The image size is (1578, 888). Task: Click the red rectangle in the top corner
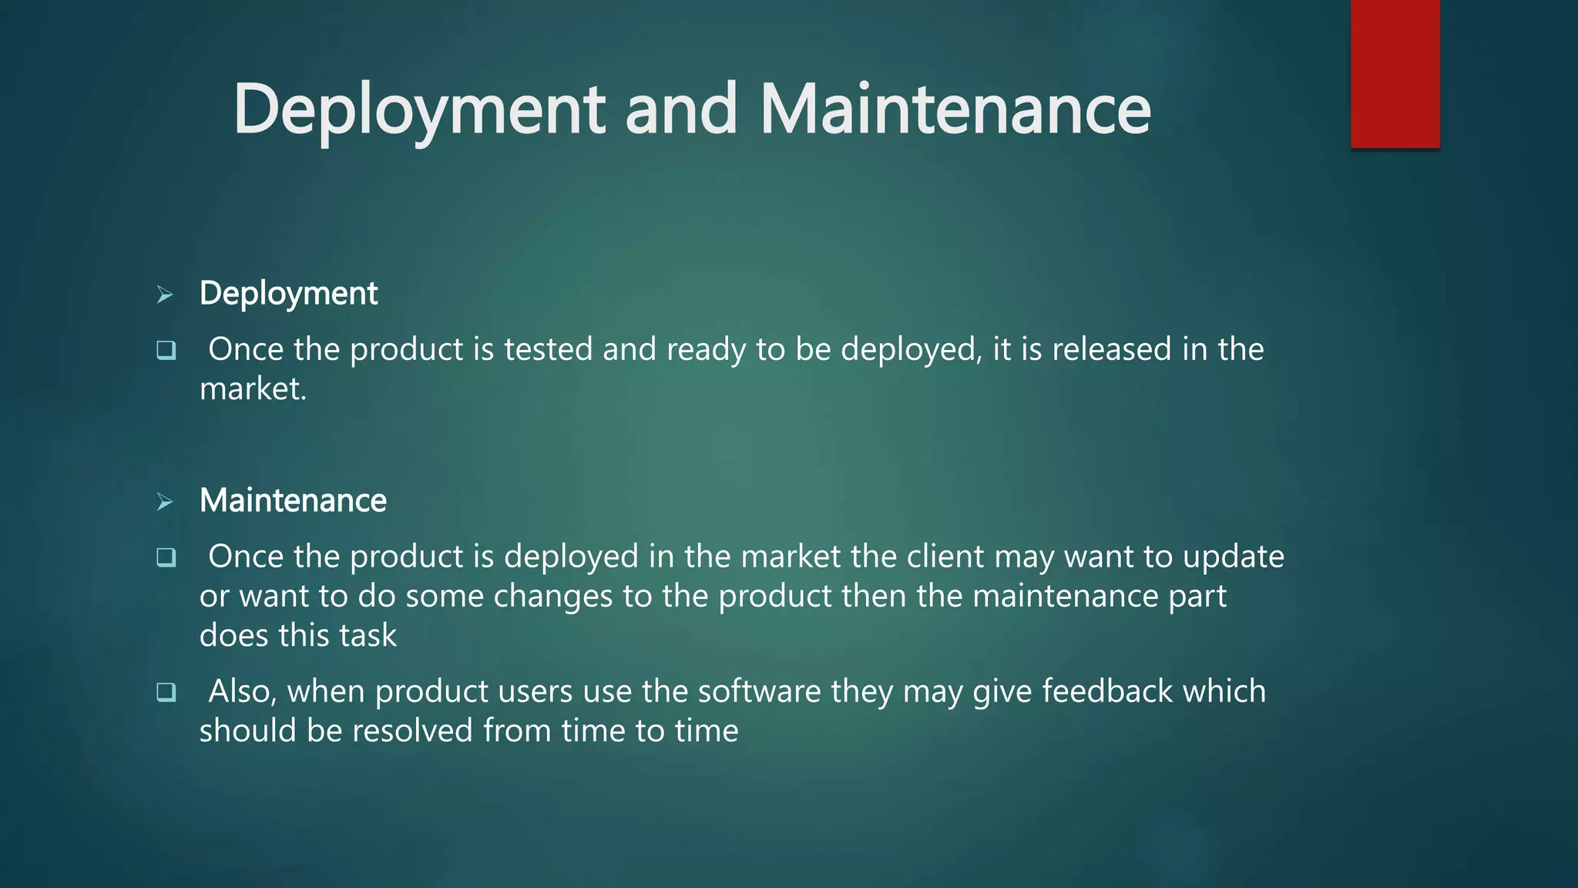(1395, 74)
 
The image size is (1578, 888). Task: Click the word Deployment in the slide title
(419, 109)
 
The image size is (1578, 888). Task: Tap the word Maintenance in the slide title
(955, 109)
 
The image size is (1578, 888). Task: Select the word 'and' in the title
(681, 109)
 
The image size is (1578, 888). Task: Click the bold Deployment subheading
(288, 294)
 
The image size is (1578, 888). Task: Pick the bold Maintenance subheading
(293, 501)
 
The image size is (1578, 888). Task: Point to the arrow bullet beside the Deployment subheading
(165, 294)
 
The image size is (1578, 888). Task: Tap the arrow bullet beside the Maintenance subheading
(165, 502)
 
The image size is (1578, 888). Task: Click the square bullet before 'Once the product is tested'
(166, 351)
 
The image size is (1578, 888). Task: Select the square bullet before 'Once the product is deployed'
(166, 557)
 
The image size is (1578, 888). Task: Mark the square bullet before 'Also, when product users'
(166, 692)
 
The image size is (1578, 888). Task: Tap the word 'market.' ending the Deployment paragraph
(253, 389)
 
